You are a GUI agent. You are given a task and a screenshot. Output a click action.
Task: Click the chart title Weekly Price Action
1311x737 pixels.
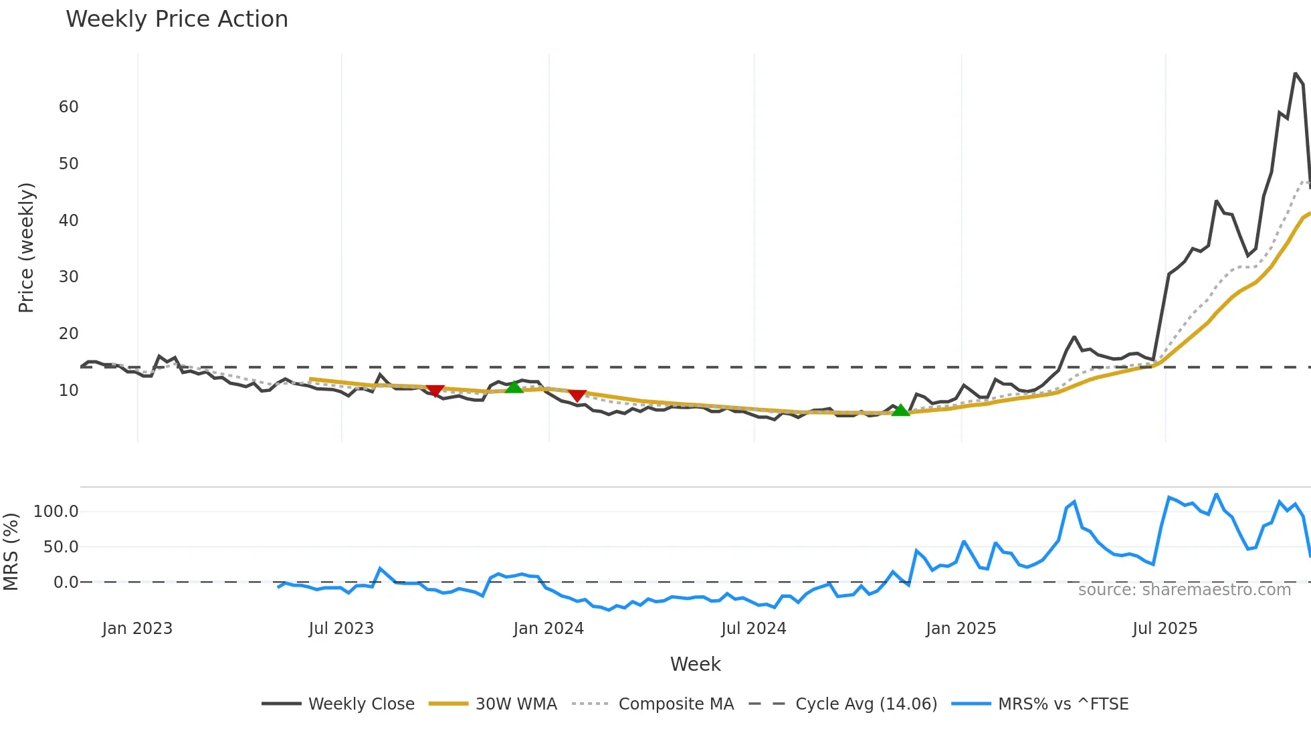(x=177, y=19)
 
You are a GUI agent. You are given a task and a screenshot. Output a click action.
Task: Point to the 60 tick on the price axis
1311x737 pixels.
(x=68, y=107)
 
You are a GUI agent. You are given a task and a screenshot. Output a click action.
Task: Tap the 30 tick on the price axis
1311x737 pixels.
(x=68, y=277)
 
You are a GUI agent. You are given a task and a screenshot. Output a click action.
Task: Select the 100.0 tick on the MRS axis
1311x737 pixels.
(x=56, y=512)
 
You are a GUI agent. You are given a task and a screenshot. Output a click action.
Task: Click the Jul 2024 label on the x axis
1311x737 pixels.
(x=753, y=629)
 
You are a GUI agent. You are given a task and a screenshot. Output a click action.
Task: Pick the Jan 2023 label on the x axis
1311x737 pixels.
(x=137, y=629)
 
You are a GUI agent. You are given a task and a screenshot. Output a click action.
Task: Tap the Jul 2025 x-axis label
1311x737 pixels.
(x=1165, y=629)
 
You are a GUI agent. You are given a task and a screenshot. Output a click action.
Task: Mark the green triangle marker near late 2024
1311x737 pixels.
(x=901, y=410)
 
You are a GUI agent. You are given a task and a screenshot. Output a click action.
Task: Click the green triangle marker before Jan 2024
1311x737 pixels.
(x=514, y=387)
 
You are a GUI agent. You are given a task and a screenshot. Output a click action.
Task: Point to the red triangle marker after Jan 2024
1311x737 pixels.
(x=577, y=395)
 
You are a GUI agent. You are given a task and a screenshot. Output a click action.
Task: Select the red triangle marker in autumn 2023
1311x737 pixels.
(x=435, y=391)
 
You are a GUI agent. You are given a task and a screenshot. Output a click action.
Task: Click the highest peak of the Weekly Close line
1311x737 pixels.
(x=1295, y=74)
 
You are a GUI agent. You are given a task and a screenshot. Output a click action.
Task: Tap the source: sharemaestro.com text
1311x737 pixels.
(x=1184, y=590)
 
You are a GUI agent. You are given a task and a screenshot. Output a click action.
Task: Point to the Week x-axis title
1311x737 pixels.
(x=695, y=664)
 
